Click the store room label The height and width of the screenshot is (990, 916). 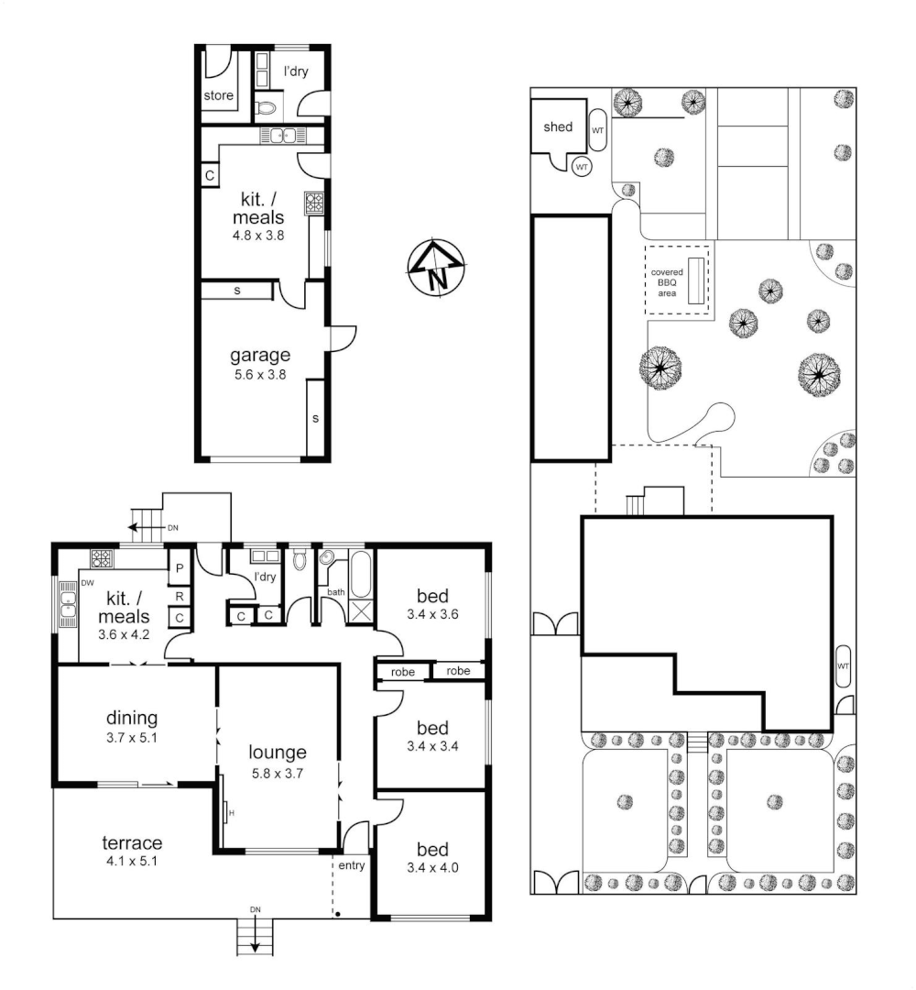click(218, 95)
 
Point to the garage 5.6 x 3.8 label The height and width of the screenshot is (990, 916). click(260, 363)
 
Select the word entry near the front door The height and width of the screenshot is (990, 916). click(351, 865)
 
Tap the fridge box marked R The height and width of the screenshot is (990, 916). click(180, 597)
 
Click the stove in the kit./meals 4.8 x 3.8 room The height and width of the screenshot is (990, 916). click(316, 203)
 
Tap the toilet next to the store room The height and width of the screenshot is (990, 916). click(265, 109)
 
